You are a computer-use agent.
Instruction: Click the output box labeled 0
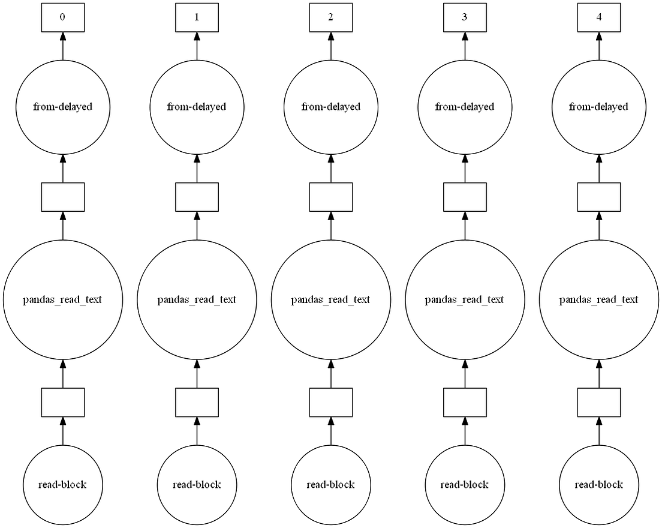point(62,17)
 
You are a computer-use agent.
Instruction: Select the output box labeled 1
point(197,17)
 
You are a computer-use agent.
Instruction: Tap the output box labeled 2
point(330,17)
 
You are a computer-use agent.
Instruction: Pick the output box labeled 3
point(465,17)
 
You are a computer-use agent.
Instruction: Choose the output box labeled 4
point(598,17)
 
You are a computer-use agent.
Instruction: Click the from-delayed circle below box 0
point(62,107)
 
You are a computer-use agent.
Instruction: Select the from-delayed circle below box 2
point(330,107)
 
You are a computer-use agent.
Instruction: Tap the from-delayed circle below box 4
point(598,107)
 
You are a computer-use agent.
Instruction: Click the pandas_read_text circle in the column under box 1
point(197,299)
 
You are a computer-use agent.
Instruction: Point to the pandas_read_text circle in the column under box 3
point(465,299)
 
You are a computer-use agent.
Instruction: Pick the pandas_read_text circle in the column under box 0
point(62,299)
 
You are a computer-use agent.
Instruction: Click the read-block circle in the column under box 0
point(62,484)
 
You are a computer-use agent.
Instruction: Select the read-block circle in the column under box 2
point(330,484)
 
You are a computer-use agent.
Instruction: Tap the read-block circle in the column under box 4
point(598,484)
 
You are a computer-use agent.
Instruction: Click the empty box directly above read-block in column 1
point(197,402)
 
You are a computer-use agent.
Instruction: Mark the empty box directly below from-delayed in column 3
point(465,197)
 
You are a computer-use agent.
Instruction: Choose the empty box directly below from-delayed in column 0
point(62,197)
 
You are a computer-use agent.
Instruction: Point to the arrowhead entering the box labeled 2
point(330,37)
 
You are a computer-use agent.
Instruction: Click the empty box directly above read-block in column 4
point(598,402)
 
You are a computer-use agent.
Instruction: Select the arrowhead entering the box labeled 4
point(598,37)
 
